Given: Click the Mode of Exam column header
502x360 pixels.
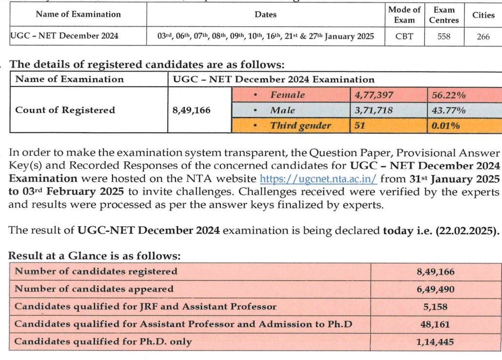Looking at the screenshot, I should (x=404, y=15).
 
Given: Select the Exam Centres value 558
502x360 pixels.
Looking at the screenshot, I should (x=444, y=36).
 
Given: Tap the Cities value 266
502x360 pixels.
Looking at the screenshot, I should (x=483, y=36).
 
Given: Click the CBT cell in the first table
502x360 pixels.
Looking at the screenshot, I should (x=404, y=36).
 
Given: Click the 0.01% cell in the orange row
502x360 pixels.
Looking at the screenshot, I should (x=446, y=125).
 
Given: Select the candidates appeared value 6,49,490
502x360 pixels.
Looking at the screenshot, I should (x=435, y=289).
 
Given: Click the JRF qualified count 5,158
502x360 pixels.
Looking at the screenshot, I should (x=435, y=307).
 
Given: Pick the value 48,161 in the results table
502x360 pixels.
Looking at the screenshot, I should (x=435, y=324).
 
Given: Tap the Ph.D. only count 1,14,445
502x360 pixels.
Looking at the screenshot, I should (x=435, y=342).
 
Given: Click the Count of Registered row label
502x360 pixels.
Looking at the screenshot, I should (x=65, y=110).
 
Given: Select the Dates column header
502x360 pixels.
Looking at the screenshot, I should (x=265, y=15).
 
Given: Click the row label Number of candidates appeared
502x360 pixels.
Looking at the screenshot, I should (x=94, y=289).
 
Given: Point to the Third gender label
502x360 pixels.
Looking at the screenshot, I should (x=300, y=125).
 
